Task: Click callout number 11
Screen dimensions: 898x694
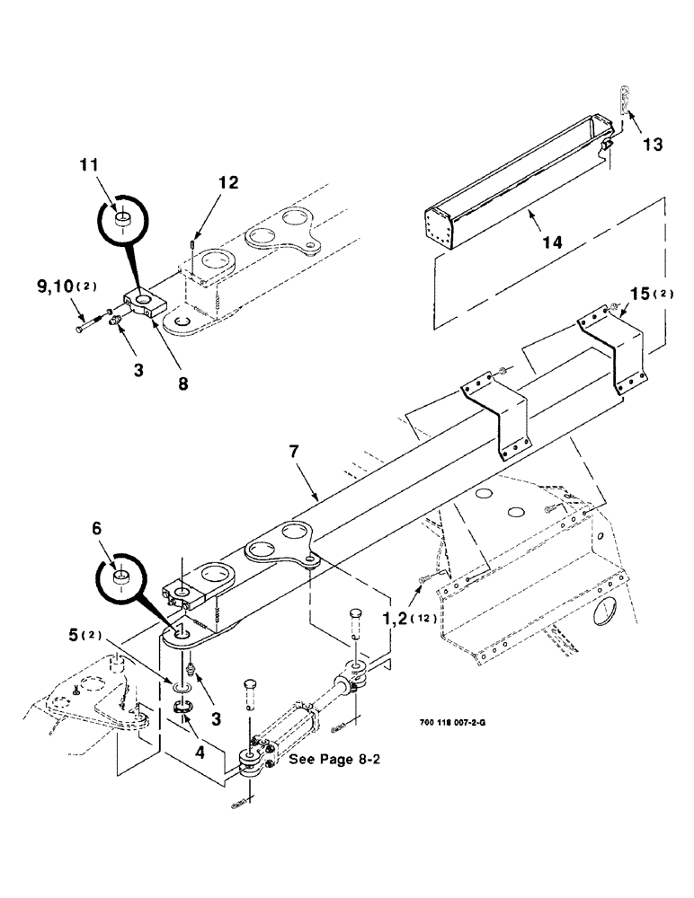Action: click(x=114, y=165)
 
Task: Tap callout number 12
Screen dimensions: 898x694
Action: click(x=227, y=183)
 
